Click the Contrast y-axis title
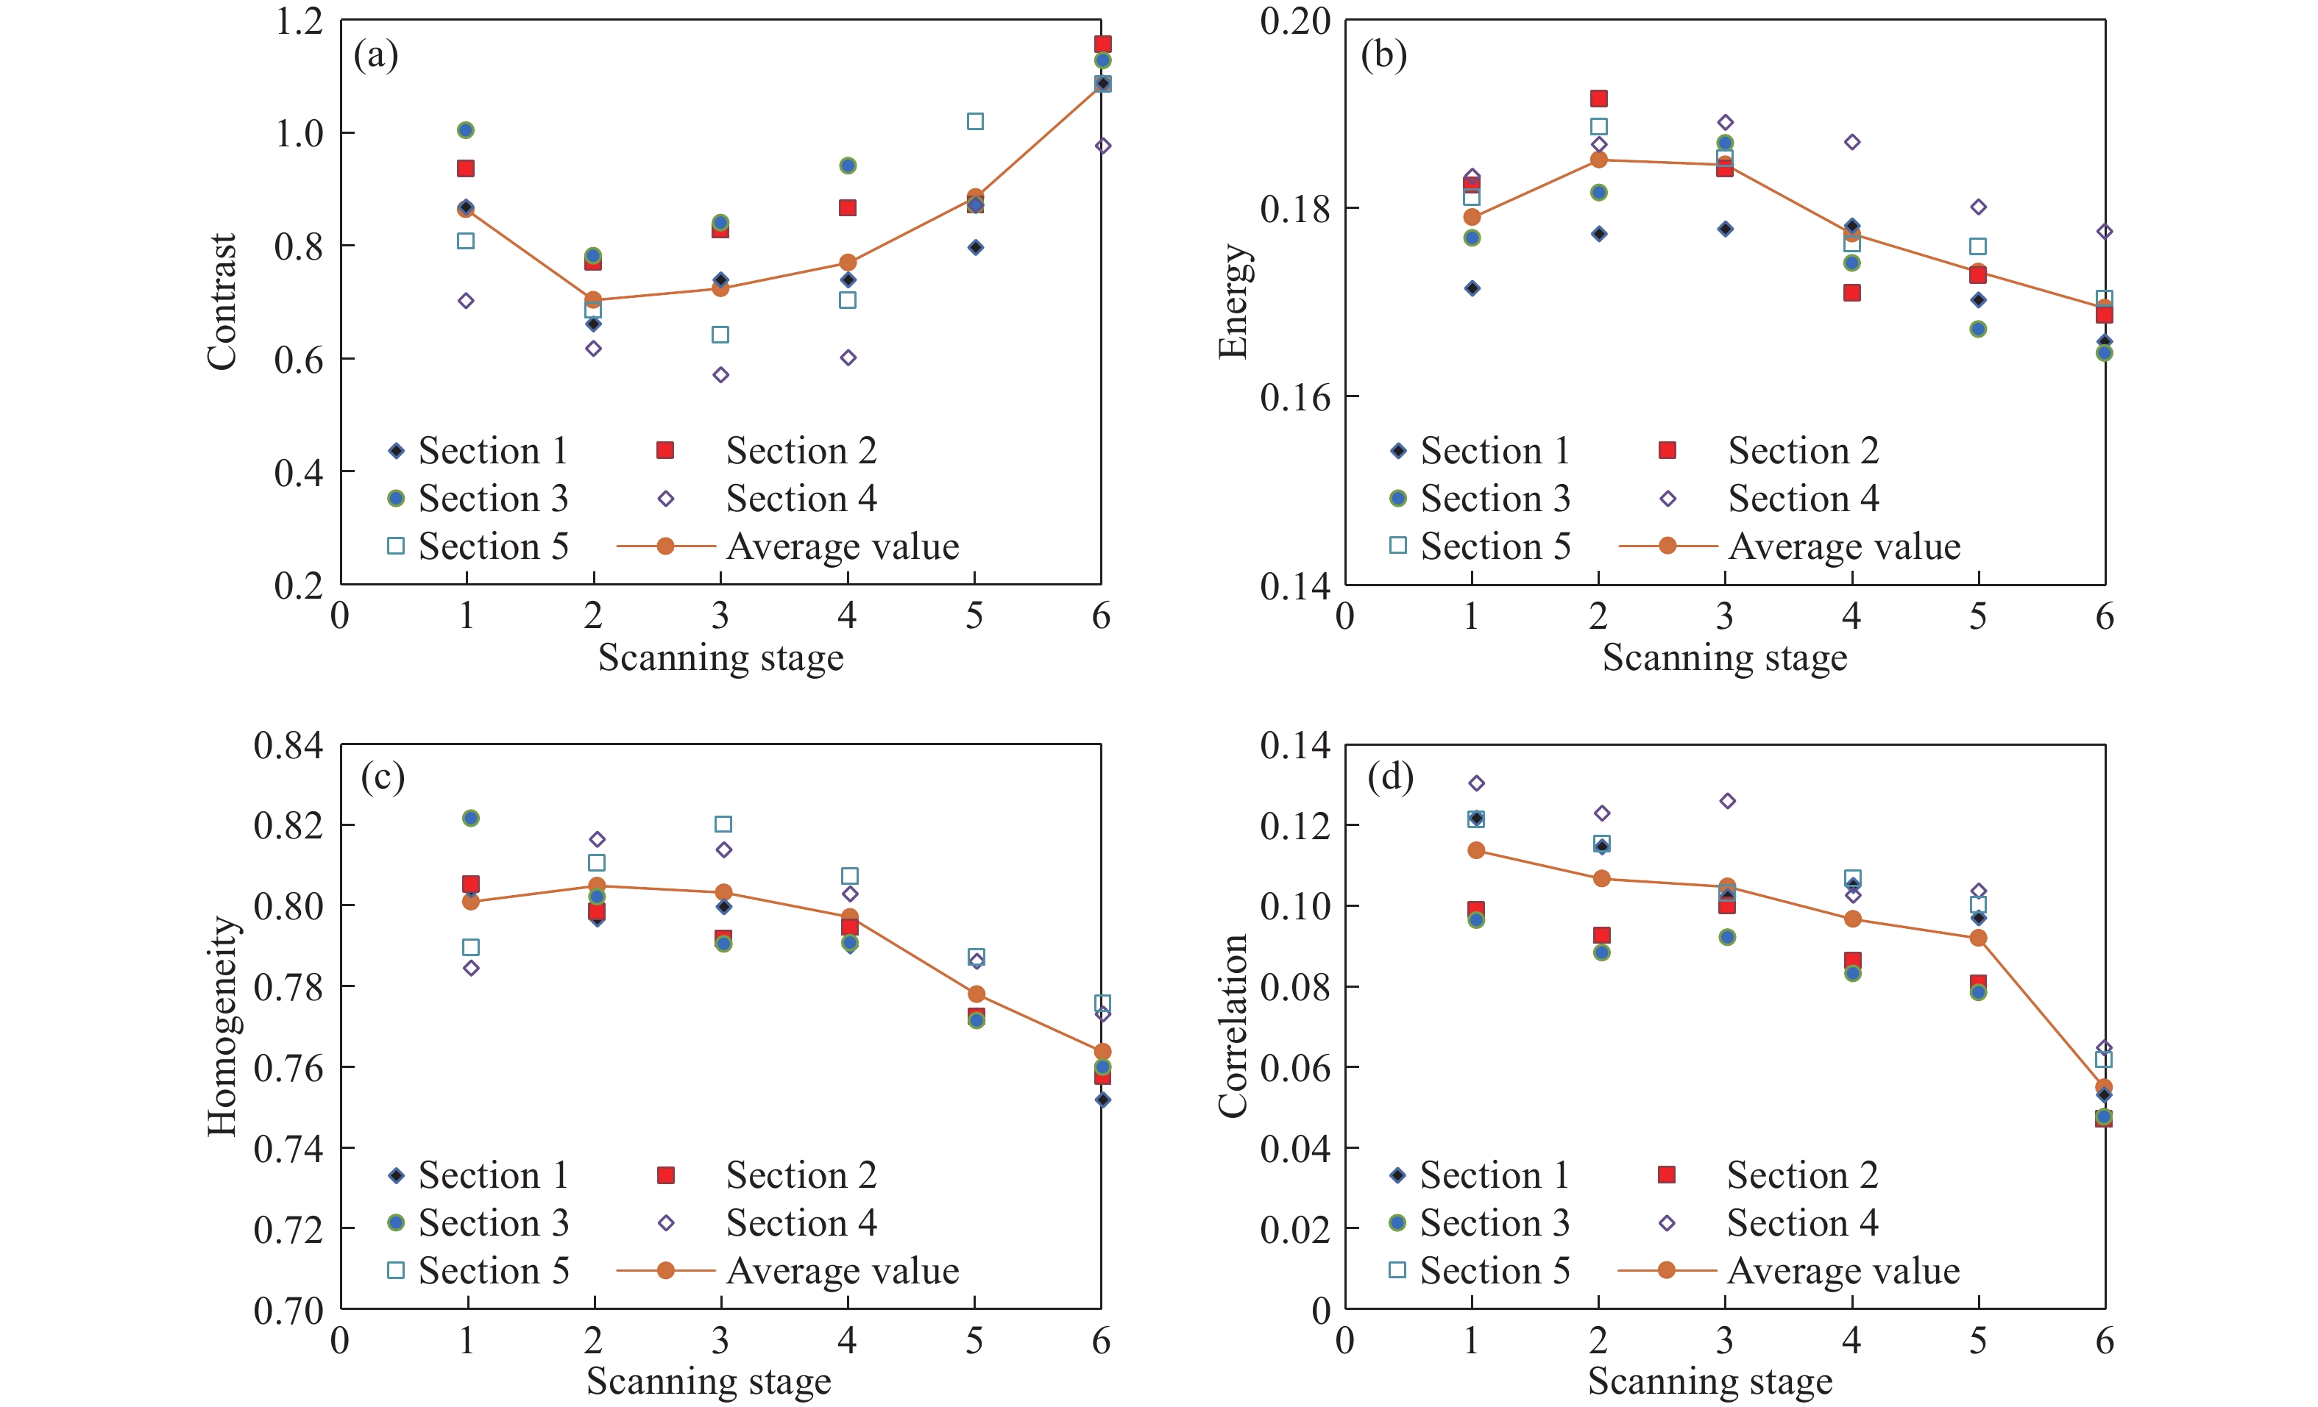point(222,302)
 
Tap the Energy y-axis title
point(1233,302)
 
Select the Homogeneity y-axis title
point(222,1026)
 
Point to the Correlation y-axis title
point(1233,1026)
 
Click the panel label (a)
point(376,55)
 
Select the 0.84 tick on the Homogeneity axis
point(288,745)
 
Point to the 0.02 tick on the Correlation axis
point(1295,1228)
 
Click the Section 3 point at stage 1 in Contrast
point(466,129)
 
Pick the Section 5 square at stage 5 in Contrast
point(976,121)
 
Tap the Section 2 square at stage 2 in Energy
point(1598,99)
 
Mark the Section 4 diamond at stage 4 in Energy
point(1851,142)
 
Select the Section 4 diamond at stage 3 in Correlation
point(1727,801)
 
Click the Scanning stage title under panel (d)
point(1709,1381)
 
